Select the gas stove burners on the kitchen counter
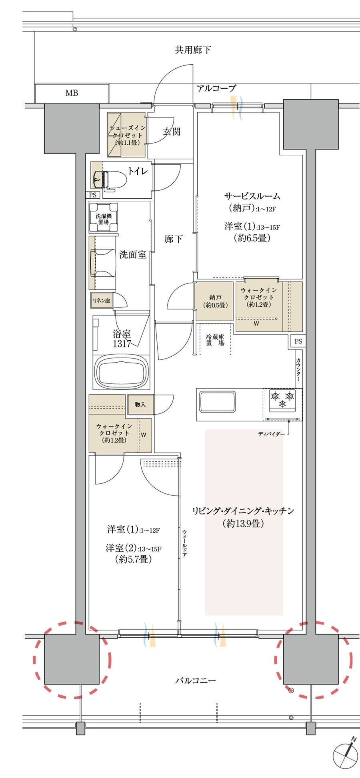[x=282, y=400]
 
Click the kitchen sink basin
[x=217, y=401]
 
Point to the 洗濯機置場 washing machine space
[x=104, y=218]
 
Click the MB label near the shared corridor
[x=72, y=93]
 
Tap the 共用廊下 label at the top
[x=193, y=50]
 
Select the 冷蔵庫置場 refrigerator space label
[x=215, y=340]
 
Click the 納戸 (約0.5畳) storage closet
[x=214, y=301]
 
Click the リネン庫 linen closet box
[x=102, y=301]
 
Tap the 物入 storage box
[x=140, y=405]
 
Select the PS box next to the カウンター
[x=298, y=341]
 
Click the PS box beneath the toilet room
[x=93, y=195]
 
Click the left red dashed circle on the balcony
[x=72, y=660]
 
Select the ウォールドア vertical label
[x=184, y=543]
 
